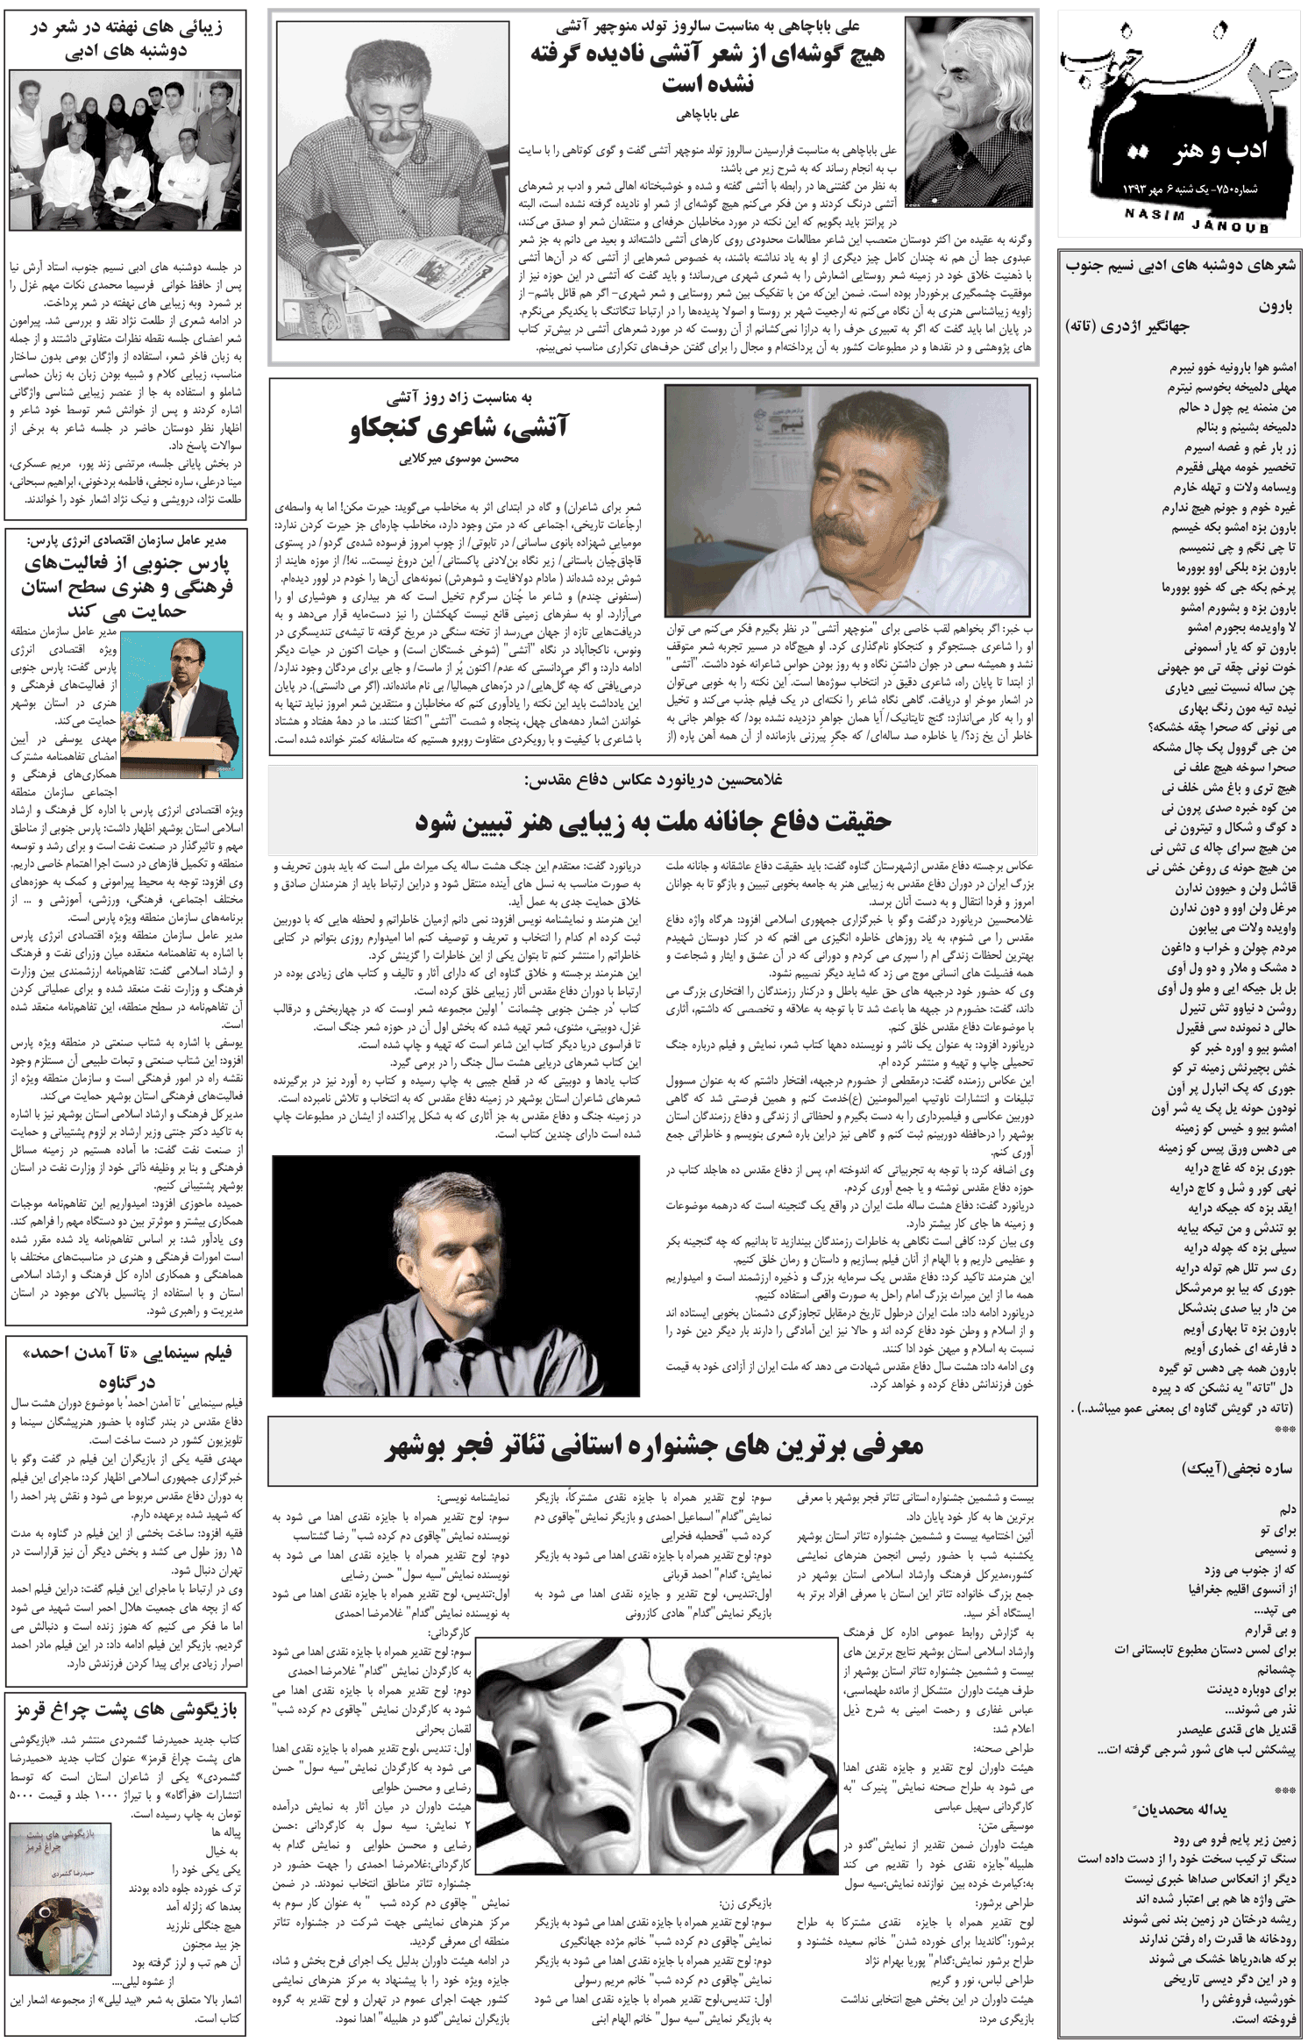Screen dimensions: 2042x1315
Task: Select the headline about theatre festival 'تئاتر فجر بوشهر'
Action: coord(653,1446)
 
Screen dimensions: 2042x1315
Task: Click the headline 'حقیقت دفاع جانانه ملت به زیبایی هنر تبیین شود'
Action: coord(653,822)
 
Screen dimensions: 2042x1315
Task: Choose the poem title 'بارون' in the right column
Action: coord(1276,307)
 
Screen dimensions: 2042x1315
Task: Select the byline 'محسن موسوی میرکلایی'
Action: coord(458,459)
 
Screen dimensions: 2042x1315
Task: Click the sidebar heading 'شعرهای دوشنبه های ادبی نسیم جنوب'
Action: coord(1180,269)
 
